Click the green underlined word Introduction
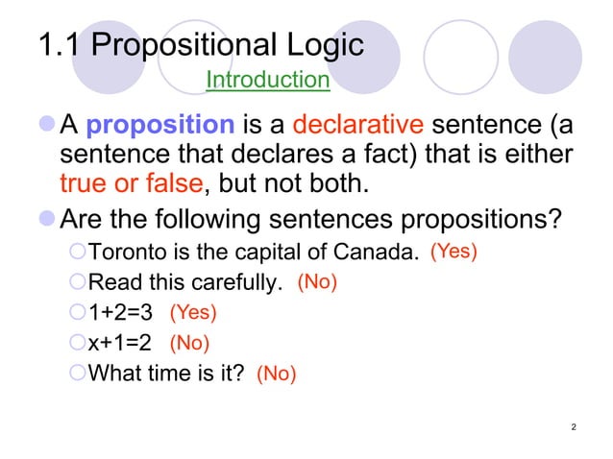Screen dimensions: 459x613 (x=268, y=79)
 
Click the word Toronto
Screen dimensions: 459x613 (x=122, y=254)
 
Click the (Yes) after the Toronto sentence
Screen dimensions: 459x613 (x=454, y=252)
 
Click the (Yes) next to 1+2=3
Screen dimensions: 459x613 (x=193, y=312)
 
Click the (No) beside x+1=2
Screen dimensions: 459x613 (x=189, y=342)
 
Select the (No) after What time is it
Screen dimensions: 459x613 (x=276, y=374)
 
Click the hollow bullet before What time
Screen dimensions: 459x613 (x=78, y=373)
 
